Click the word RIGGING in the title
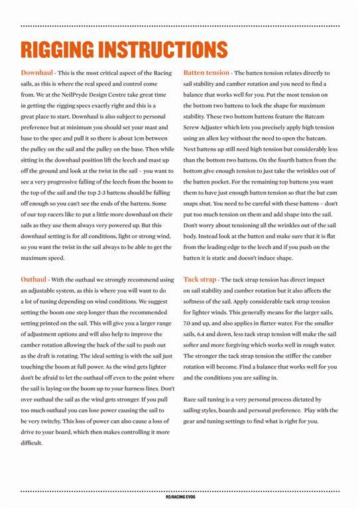click(x=60, y=49)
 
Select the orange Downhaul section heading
click(x=37, y=71)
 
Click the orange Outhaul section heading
click(x=34, y=280)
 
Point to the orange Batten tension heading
click(x=206, y=71)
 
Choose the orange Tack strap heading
click(x=200, y=280)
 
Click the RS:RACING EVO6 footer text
click(x=180, y=496)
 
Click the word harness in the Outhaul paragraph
click(x=136, y=387)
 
